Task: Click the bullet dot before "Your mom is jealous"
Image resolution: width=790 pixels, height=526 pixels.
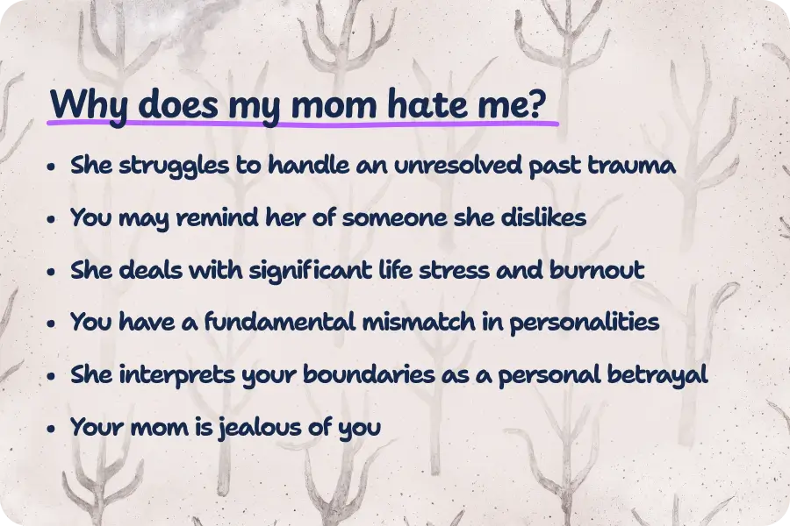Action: pyautogui.click(x=53, y=430)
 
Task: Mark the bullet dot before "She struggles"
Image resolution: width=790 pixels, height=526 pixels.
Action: pyautogui.click(x=53, y=167)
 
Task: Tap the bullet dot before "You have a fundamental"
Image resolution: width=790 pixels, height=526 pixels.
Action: pyautogui.click(x=53, y=324)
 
